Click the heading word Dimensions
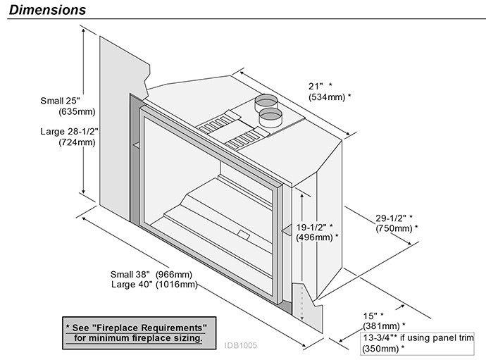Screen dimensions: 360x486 click(48, 10)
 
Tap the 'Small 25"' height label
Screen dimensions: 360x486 click(59, 101)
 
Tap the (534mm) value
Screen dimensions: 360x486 click(329, 96)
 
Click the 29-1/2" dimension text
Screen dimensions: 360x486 click(392, 218)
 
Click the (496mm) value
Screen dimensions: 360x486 click(316, 237)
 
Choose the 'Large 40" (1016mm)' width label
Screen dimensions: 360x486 click(154, 285)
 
